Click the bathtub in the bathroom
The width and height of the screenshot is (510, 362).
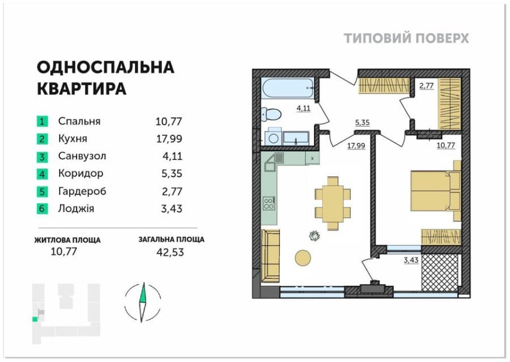pyautogui.click(x=288, y=87)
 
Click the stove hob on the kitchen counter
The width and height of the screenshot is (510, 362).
pyautogui.click(x=269, y=204)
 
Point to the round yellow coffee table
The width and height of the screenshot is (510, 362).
pyautogui.click(x=303, y=258)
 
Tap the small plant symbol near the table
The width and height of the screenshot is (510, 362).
pyautogui.click(x=314, y=235)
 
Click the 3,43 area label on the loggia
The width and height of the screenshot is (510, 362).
pyautogui.click(x=411, y=260)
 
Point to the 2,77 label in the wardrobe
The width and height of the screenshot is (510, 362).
pyautogui.click(x=426, y=86)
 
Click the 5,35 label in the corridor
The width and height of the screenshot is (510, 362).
pyautogui.click(x=362, y=123)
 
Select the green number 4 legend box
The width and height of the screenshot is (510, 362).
pyautogui.click(x=42, y=174)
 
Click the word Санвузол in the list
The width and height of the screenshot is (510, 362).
pyautogui.click(x=82, y=156)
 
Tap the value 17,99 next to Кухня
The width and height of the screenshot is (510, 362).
pyautogui.click(x=169, y=139)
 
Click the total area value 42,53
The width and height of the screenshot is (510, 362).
pyautogui.click(x=170, y=252)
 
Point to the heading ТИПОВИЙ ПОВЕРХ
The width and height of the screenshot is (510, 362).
pyautogui.click(x=406, y=39)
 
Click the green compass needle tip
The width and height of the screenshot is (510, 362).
pyautogui.click(x=143, y=283)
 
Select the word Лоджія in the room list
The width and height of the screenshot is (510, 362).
pyautogui.click(x=76, y=208)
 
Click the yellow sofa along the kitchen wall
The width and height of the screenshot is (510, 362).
pyautogui.click(x=270, y=256)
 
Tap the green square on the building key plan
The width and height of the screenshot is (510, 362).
pyautogui.click(x=35, y=319)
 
